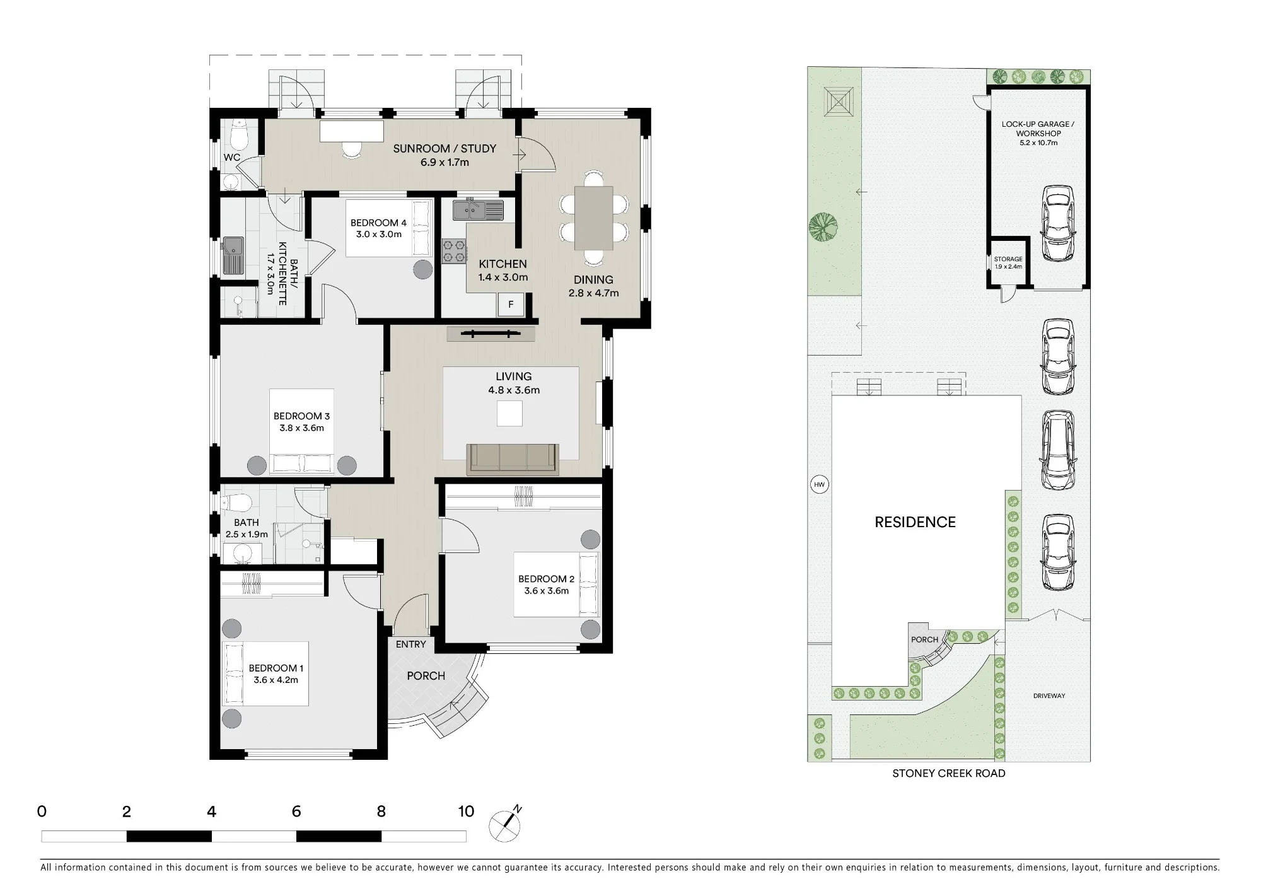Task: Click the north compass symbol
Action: (506, 825)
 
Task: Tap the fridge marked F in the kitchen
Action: (511, 305)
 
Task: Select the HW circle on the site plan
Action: (819, 484)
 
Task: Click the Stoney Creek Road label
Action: (948, 773)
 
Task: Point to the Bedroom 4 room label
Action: (378, 223)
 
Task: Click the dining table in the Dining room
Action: (594, 218)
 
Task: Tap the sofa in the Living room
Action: (513, 458)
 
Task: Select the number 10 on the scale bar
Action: (466, 812)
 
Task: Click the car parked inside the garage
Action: (1058, 223)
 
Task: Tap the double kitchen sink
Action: (478, 209)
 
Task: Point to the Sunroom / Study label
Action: (445, 149)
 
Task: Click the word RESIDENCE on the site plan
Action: (915, 522)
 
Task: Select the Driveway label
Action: (1049, 696)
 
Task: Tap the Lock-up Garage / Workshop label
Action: (1038, 129)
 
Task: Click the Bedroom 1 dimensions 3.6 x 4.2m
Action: (276, 680)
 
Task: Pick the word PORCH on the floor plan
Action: (426, 676)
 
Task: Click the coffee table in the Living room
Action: (509, 414)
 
